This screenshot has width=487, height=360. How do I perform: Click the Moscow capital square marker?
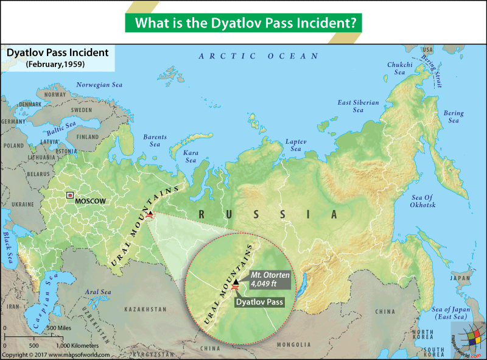coord(70,196)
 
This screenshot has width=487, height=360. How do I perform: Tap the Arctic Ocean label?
coord(259,56)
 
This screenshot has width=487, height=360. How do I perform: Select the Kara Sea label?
coord(191,156)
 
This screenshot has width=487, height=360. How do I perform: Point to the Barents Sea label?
coord(155,141)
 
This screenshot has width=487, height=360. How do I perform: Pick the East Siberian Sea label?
coord(359,106)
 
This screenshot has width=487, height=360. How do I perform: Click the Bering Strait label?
coord(433,64)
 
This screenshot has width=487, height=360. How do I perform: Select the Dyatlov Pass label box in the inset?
coord(255,300)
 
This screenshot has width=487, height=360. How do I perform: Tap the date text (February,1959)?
coord(55,64)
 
